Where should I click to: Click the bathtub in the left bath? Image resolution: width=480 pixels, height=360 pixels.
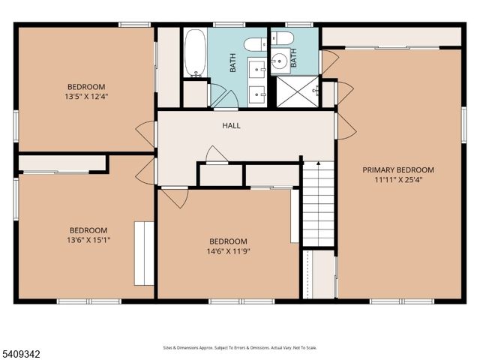tap(195, 53)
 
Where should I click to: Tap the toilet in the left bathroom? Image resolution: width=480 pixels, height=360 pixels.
tap(254, 44)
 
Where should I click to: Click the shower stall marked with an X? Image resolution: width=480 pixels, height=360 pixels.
tap(298, 92)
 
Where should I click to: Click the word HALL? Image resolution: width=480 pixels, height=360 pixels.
tap(232, 125)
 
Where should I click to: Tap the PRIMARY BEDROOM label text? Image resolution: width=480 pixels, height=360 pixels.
tap(398, 170)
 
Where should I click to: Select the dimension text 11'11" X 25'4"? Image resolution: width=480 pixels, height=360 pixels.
tap(398, 180)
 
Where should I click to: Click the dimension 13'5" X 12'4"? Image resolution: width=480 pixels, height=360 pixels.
tap(86, 96)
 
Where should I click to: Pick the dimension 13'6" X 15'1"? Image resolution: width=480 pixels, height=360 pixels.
tap(88, 240)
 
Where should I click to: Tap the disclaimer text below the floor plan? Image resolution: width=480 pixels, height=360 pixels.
tap(240, 348)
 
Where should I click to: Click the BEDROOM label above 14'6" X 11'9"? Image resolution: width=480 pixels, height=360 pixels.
tap(227, 241)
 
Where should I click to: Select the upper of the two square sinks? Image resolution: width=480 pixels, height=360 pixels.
tap(256, 70)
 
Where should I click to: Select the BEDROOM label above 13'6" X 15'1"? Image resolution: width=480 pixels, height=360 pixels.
tap(88, 230)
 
